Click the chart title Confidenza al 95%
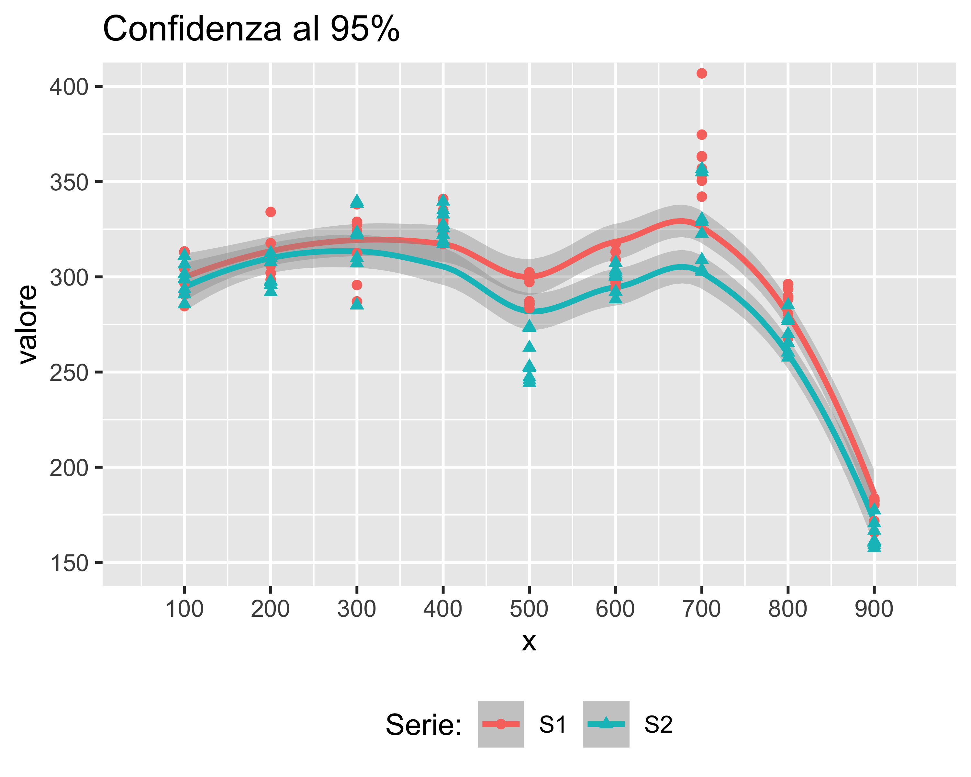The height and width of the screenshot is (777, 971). tap(251, 29)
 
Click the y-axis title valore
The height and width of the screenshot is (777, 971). tap(28, 324)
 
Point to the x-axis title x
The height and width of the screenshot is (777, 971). tap(529, 642)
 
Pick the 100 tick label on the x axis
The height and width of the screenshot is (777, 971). tap(184, 609)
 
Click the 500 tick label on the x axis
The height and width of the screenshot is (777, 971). tap(529, 609)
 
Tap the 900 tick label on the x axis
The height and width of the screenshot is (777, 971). tap(874, 609)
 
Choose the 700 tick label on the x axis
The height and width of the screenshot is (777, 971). tap(701, 609)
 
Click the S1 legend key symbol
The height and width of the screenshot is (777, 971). tap(500, 724)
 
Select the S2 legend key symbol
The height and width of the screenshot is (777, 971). tap(606, 724)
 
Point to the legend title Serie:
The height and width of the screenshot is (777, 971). tap(423, 725)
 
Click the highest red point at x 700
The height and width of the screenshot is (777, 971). tap(701, 73)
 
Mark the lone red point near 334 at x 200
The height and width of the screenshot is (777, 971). tap(270, 212)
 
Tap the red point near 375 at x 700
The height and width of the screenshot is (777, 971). tap(701, 135)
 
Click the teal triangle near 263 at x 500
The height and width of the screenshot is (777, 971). tap(529, 346)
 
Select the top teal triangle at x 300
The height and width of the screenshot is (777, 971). tap(357, 201)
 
